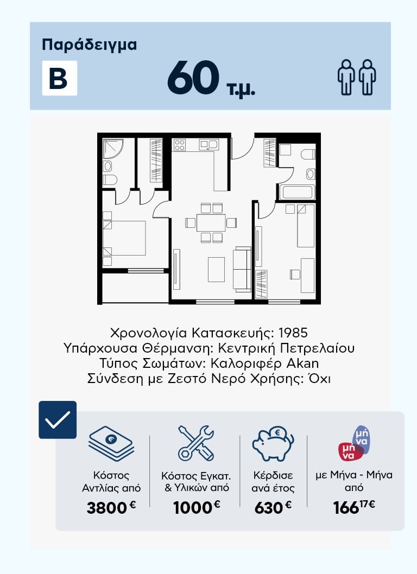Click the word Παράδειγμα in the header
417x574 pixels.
(90, 45)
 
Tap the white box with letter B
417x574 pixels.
(60, 78)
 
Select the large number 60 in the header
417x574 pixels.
(193, 78)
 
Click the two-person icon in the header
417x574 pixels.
(357, 77)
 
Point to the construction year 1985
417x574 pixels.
(293, 333)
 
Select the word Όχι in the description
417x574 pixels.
(319, 378)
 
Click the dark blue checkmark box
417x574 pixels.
(58, 420)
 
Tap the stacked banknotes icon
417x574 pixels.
(111, 443)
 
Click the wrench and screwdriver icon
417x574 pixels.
(196, 443)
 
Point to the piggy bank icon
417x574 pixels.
(273, 444)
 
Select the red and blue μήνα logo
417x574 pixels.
(354, 443)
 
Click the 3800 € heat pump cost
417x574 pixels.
(111, 508)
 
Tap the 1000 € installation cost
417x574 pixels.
(197, 508)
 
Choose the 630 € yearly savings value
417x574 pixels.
(273, 508)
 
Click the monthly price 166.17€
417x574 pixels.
(354, 507)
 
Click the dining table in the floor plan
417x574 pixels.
(211, 222)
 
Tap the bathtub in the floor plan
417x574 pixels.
(297, 192)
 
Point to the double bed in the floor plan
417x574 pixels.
(124, 238)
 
